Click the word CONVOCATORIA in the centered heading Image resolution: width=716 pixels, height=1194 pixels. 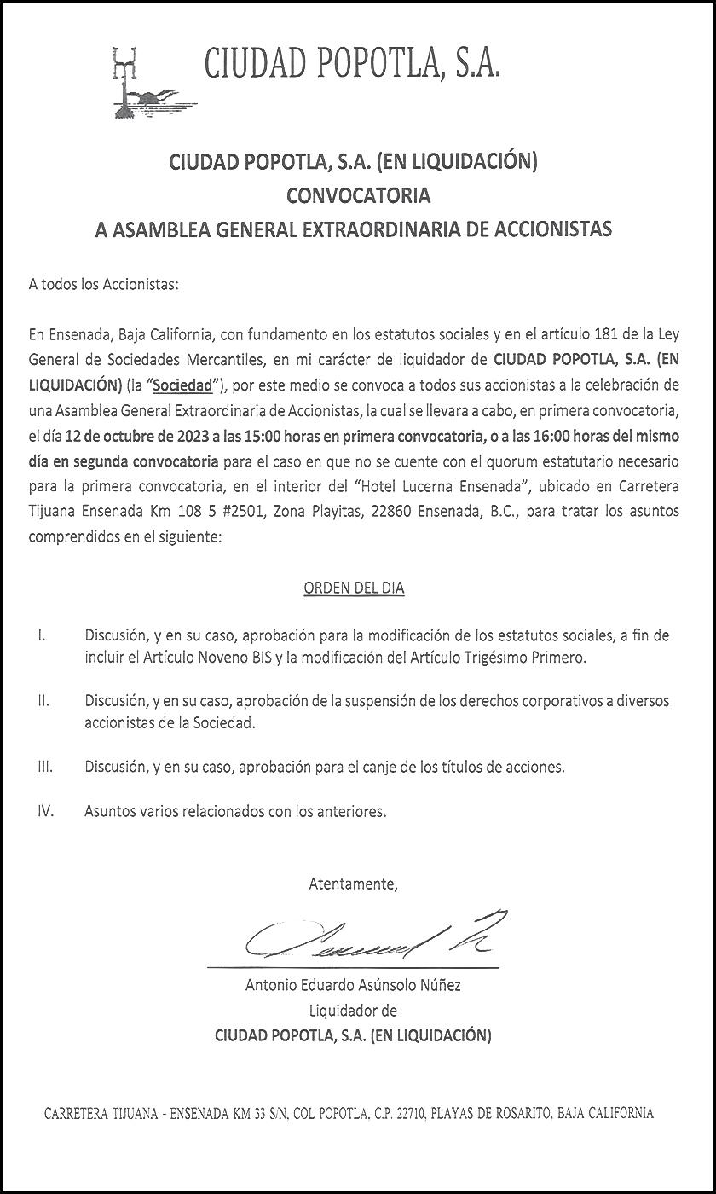(x=358, y=195)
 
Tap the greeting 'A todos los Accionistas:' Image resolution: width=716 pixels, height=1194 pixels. (x=104, y=285)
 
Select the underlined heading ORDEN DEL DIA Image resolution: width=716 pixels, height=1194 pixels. (x=354, y=588)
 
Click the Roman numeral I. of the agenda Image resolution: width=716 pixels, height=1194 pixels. (x=41, y=636)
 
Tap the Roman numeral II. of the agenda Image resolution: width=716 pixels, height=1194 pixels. (x=43, y=701)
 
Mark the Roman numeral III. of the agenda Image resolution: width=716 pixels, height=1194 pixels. (x=45, y=767)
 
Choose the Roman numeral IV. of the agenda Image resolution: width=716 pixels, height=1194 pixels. (x=46, y=811)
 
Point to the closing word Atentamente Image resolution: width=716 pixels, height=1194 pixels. (x=353, y=884)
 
